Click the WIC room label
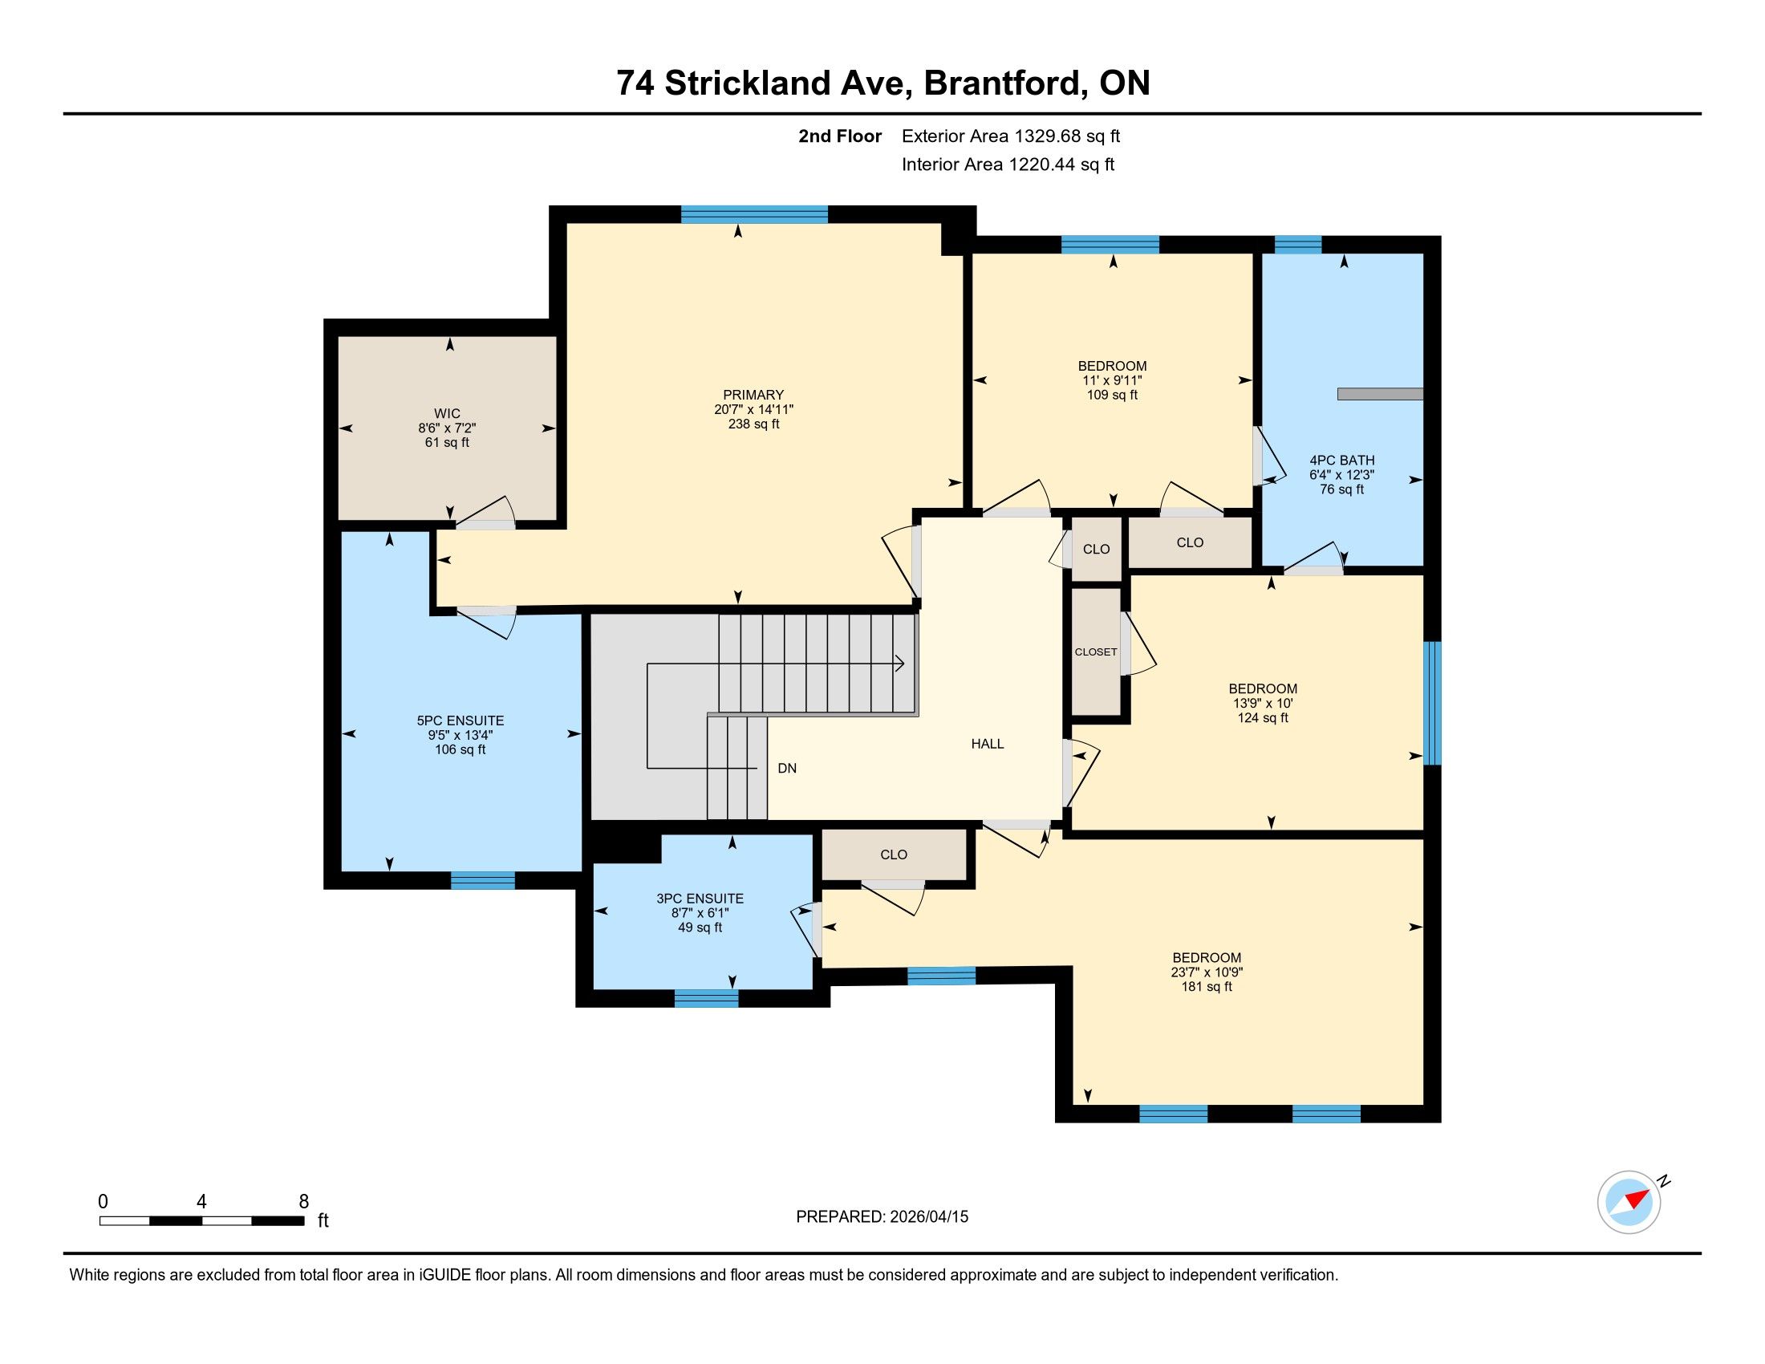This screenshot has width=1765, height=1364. pos(447,414)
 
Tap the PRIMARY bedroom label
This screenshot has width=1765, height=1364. pos(753,394)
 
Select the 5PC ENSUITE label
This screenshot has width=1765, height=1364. pos(460,720)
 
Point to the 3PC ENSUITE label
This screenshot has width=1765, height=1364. pos(700,898)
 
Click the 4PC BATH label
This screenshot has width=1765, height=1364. pos(1341,460)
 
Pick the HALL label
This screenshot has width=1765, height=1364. pos(988,744)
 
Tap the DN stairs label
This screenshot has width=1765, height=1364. pos(787,768)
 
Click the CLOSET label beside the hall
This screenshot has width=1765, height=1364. pos(1096,652)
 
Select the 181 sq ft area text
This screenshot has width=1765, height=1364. pos(1207,987)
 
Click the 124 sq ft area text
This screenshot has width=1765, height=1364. pos(1262,717)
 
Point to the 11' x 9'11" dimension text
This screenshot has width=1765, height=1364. pos(1112,380)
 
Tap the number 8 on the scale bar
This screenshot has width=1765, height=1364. pos(304,1202)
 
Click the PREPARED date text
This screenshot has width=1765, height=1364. pos(882,1217)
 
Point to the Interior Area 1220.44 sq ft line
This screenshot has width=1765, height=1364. pos(1008,164)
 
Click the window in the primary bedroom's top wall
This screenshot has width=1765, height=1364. pos(755,214)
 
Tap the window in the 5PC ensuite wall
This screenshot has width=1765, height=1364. pos(482,881)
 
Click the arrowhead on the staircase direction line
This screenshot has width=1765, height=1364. pos(899,664)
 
